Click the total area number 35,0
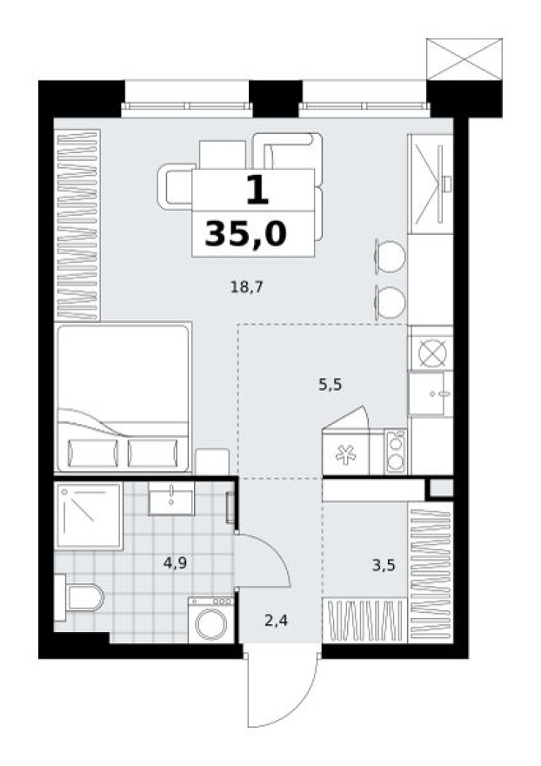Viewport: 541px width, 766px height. click(245, 233)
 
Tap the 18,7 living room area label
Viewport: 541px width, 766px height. click(246, 286)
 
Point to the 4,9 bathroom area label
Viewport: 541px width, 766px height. click(176, 563)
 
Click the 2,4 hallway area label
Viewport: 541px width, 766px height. click(276, 621)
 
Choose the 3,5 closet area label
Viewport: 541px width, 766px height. click(383, 566)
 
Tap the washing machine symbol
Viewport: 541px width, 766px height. click(211, 621)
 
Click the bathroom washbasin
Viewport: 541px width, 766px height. click(173, 499)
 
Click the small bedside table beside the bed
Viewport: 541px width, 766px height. click(211, 461)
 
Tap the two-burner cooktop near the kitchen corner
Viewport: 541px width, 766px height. click(396, 453)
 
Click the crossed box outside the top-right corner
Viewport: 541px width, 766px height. click(465, 59)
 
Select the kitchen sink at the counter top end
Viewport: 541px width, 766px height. click(431, 183)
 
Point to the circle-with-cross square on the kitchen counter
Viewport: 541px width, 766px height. click(431, 351)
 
